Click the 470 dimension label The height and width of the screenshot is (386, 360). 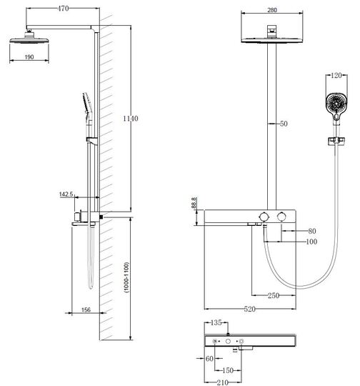tap(63, 9)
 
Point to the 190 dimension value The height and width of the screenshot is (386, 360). tap(29, 57)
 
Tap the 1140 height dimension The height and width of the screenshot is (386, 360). tap(131, 119)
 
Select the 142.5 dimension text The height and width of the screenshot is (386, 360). tap(66, 194)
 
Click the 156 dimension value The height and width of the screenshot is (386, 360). tap(86, 310)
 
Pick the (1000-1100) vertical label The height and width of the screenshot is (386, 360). tap(126, 277)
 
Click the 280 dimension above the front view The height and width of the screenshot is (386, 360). tap(272, 10)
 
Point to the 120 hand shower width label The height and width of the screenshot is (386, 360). tap(336, 75)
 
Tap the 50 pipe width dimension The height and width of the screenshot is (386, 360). tap(284, 124)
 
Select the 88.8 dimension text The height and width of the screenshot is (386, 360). tap(194, 203)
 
